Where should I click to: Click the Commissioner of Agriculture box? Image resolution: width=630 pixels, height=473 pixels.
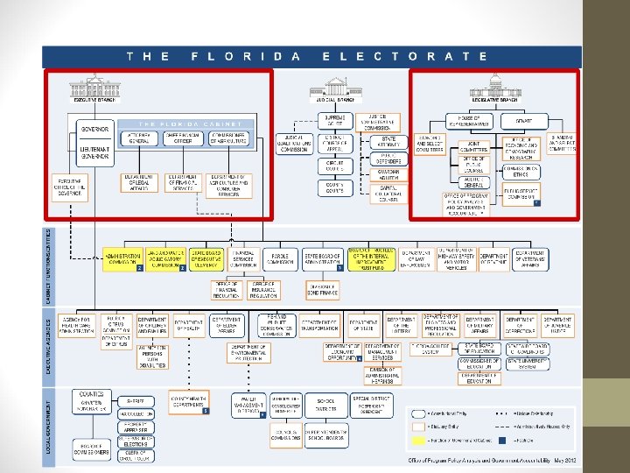[227, 138]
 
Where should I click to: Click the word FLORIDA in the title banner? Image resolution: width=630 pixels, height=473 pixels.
[247, 56]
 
